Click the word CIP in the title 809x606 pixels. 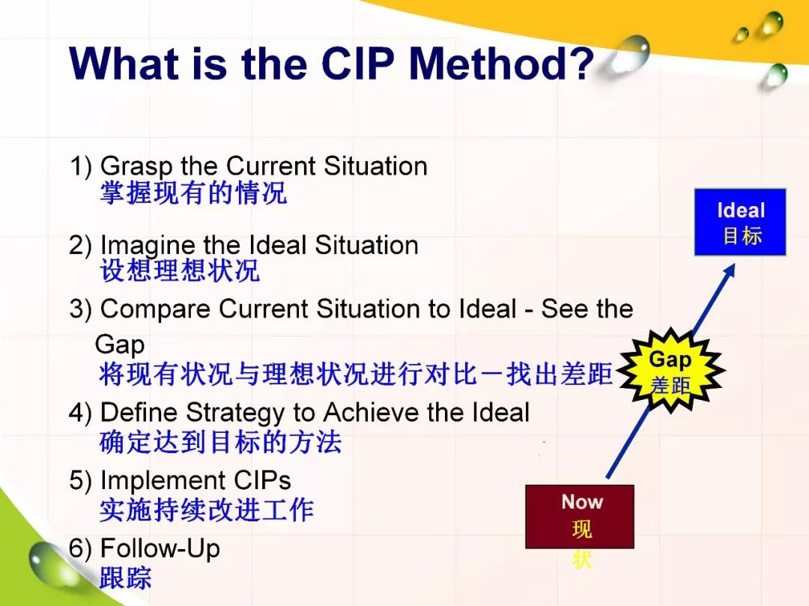pos(357,64)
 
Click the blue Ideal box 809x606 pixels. pos(740,222)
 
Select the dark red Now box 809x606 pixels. pos(580,516)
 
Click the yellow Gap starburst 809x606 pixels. pos(670,370)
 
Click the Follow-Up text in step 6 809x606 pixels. pos(160,548)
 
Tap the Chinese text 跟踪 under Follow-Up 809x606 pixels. pos(125,578)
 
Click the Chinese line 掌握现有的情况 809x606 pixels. pos(193,193)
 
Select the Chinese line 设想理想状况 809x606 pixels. pos(180,270)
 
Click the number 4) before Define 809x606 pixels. pos(80,413)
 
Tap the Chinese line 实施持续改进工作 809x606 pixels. pos(207,510)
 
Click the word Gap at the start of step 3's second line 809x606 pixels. pos(120,345)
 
